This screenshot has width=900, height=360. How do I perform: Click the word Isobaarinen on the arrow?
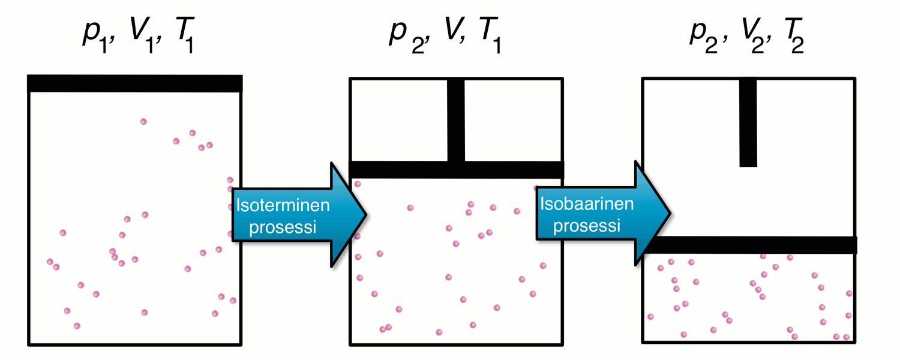pos(587,204)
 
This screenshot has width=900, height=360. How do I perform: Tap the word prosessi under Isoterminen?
pos(283,228)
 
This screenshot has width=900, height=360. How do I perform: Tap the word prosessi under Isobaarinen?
pos(587,226)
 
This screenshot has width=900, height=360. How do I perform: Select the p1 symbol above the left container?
pos(94,37)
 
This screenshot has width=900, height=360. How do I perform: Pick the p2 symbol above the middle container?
pos(403,36)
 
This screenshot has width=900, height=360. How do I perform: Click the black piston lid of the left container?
pos(135,83)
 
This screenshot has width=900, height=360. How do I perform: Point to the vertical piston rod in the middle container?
pos(456,120)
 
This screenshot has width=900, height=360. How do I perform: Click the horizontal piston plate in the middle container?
pos(456,170)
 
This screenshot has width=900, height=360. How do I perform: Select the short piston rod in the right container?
pos(748,123)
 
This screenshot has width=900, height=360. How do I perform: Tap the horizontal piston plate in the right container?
pos(750,245)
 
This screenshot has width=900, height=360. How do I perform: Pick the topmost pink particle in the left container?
pos(143,122)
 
